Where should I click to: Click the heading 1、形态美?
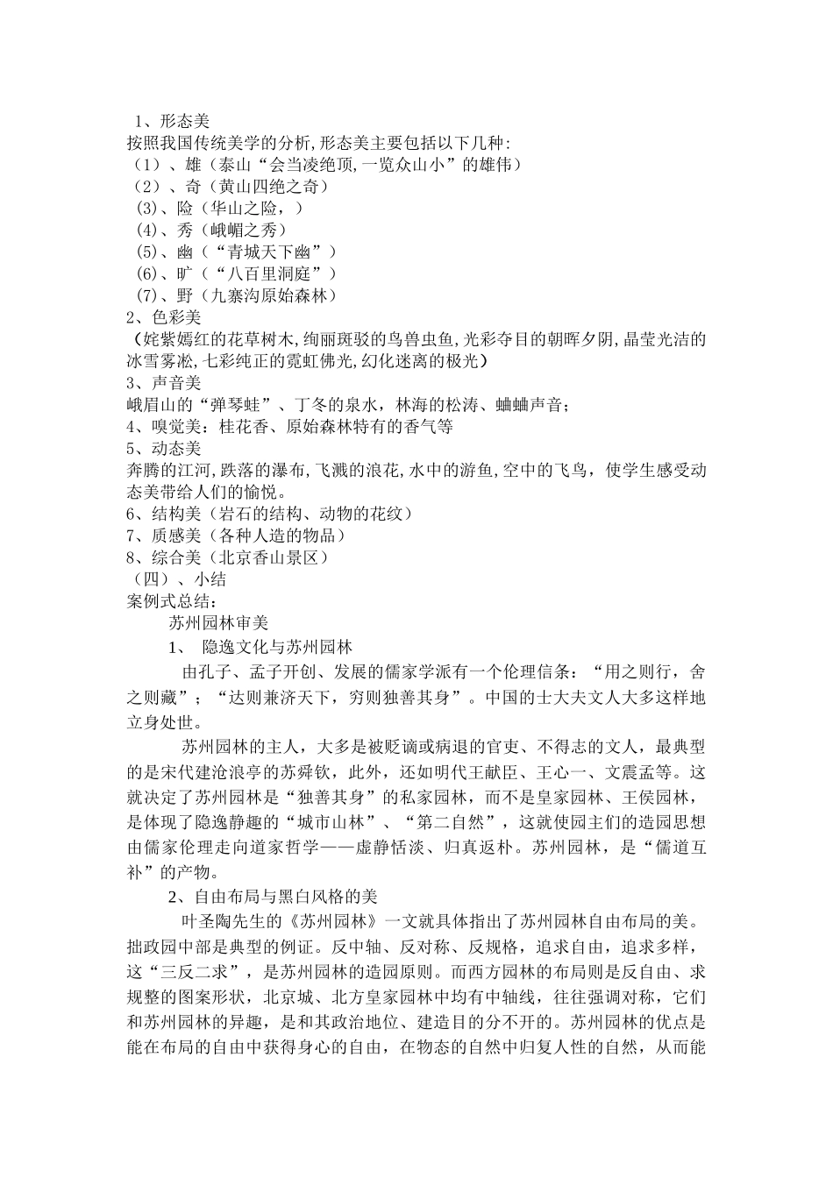pos(170,121)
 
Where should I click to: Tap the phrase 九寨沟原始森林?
pos(264,296)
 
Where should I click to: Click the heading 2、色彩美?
pos(163,317)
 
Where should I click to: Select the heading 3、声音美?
pos(163,383)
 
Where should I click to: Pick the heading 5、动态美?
pos(163,449)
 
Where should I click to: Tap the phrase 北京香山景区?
pos(264,557)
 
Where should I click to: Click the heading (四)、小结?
pos(178,579)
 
